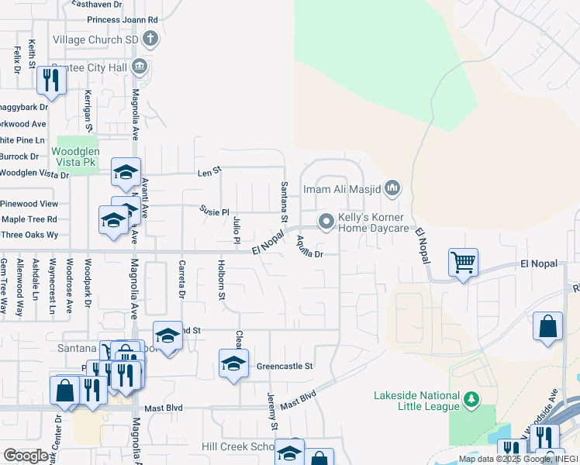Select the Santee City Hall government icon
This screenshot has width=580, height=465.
point(140,66)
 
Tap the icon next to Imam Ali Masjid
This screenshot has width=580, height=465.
point(393,188)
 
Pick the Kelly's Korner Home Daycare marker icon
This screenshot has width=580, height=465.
point(327,222)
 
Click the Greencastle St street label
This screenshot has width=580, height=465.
point(285,366)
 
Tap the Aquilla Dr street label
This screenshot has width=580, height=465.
point(309,246)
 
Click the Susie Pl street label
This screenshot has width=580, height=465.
point(215,211)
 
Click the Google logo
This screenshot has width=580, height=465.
point(25,455)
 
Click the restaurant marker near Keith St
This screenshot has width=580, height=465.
point(51,80)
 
